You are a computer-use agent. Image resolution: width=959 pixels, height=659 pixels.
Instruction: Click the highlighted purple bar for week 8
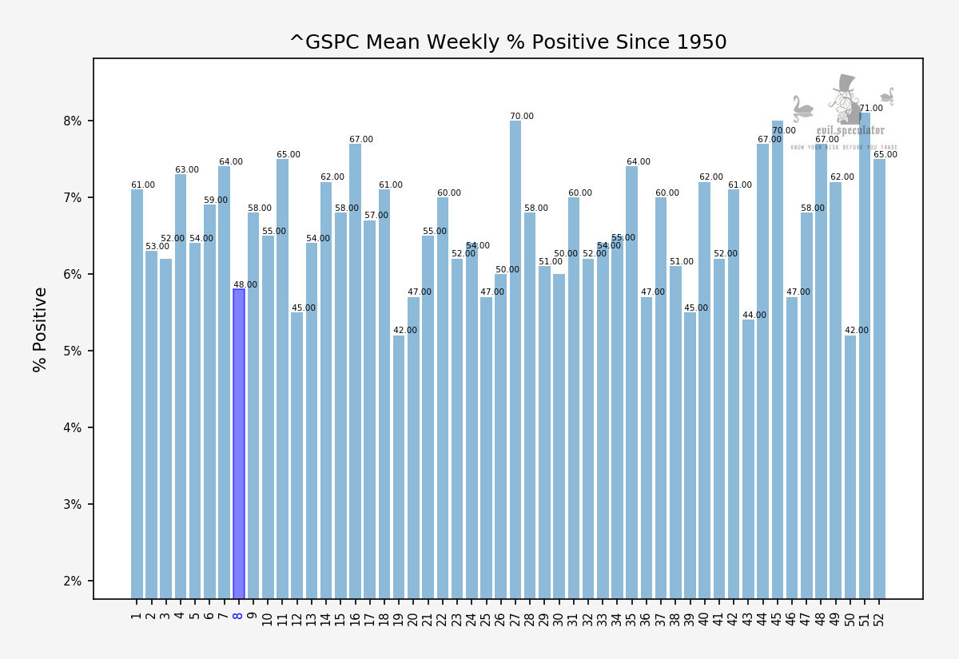coord(238,443)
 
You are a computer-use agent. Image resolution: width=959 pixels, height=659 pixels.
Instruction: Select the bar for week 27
coord(515,359)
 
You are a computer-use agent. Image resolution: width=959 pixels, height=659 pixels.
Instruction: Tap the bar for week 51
coord(865,355)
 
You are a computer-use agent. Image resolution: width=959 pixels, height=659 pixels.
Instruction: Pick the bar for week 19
coord(399,466)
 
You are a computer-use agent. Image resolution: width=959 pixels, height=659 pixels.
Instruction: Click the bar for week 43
coord(748,459)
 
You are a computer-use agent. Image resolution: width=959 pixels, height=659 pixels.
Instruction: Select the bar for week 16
coord(355,371)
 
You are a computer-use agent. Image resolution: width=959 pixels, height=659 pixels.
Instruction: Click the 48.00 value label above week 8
coord(245,285)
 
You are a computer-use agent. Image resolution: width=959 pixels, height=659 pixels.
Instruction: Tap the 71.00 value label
coord(871,109)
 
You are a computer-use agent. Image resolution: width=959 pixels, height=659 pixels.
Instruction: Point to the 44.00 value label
coord(754,316)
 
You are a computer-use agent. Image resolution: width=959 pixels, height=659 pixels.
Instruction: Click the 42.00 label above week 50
coord(857,331)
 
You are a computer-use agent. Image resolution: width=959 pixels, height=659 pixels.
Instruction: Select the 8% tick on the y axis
coord(73,121)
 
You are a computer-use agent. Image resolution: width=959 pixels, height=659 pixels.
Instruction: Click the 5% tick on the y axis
coord(73,351)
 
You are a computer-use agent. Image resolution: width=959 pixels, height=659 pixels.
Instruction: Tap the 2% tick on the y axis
coord(73,582)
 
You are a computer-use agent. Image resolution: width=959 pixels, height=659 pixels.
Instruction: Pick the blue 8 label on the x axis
coord(238,615)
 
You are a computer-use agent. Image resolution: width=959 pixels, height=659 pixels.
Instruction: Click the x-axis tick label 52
coord(879,618)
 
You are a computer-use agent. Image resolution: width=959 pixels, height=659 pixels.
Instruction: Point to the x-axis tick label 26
coord(501,618)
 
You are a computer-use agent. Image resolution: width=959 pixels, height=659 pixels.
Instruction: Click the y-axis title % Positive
coord(41,329)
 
